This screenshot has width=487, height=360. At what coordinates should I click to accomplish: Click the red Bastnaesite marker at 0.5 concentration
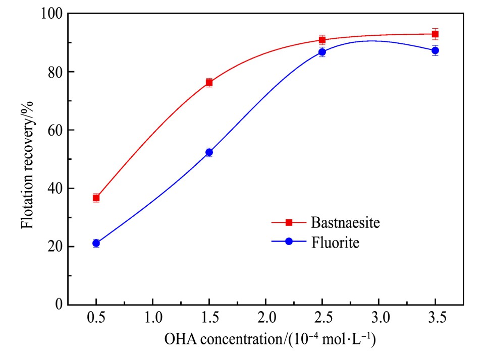click(96, 198)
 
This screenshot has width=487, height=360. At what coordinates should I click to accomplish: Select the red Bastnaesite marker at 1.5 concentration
click(209, 83)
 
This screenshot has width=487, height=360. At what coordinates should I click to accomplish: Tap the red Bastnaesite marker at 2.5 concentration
click(322, 40)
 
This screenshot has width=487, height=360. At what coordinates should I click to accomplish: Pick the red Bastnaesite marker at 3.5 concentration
click(435, 34)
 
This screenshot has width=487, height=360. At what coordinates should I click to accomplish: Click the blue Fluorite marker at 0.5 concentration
click(96, 243)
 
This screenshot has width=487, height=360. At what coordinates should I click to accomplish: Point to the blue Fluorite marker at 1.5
click(209, 152)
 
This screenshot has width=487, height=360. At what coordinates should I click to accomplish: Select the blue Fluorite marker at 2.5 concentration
click(322, 52)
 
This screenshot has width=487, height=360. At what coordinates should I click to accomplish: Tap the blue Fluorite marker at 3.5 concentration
click(435, 50)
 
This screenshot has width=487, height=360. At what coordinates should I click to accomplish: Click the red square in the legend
click(289, 222)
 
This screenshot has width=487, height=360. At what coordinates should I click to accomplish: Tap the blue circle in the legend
click(289, 242)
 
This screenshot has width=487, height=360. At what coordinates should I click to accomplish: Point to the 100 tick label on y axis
click(51, 14)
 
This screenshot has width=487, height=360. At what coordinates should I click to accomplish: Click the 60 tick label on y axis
click(55, 130)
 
